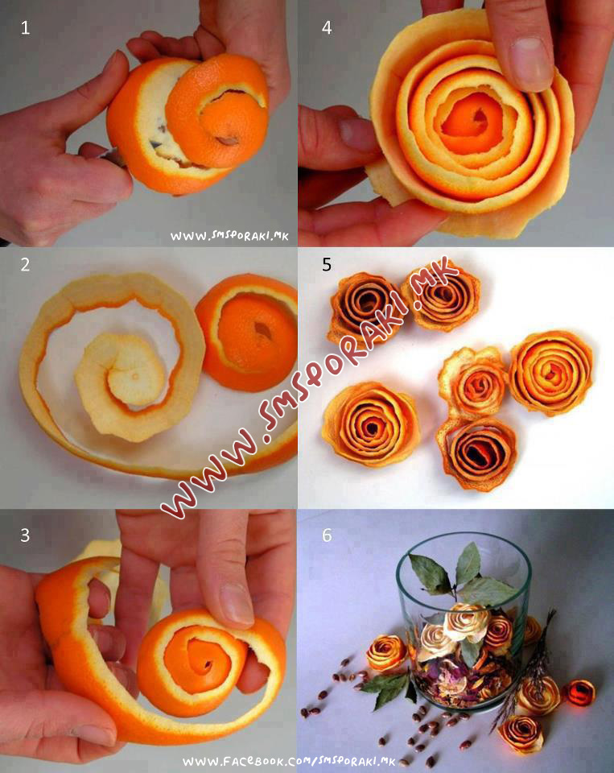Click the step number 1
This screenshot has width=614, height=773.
(25, 27)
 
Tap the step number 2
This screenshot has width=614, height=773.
(25, 265)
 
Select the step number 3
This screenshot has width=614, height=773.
(25, 535)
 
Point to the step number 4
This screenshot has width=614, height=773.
(327, 27)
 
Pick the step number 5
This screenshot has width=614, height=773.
(327, 265)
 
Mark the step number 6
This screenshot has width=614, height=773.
(327, 535)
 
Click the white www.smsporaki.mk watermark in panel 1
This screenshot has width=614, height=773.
(229, 236)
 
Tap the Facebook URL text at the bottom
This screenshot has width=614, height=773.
(289, 762)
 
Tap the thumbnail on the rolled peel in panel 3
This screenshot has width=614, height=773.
(236, 605)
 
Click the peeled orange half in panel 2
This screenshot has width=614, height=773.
(247, 333)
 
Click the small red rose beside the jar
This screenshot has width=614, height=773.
(579, 692)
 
